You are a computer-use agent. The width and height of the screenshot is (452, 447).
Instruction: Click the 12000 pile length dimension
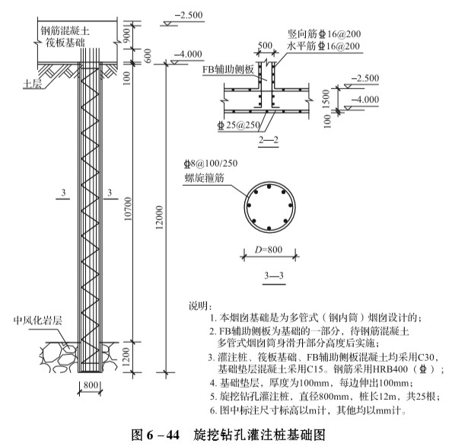[159, 218]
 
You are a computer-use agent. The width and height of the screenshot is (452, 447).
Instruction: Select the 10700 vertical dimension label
[128, 209]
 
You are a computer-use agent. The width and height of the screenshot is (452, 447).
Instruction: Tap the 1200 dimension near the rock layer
[126, 356]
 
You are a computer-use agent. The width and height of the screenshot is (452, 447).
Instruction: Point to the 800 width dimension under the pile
[91, 385]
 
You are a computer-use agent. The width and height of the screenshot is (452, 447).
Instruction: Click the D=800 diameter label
[269, 250]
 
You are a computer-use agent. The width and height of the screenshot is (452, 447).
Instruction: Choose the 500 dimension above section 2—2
[265, 46]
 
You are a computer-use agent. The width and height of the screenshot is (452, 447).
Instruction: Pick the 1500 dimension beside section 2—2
[326, 99]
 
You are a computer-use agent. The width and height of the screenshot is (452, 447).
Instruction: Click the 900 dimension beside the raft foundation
[127, 35]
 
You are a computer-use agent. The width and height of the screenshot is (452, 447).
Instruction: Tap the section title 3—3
[274, 276]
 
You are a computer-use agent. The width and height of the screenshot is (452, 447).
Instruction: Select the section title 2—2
[269, 140]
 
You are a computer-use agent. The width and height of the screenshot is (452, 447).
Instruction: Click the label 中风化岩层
[38, 321]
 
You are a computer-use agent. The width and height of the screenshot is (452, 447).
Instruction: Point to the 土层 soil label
[32, 84]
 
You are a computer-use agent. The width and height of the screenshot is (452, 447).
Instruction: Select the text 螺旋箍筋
[204, 178]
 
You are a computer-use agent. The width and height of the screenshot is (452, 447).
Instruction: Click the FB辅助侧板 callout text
[228, 69]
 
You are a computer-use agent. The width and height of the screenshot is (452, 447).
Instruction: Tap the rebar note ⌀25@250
[239, 125]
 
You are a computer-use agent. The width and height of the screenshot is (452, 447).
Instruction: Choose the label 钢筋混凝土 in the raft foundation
[65, 30]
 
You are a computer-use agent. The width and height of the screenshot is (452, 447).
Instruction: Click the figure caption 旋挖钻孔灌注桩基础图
[259, 435]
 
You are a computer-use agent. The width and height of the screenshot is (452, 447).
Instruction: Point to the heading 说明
[200, 306]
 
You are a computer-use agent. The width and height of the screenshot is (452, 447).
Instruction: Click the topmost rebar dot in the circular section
[269, 187]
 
